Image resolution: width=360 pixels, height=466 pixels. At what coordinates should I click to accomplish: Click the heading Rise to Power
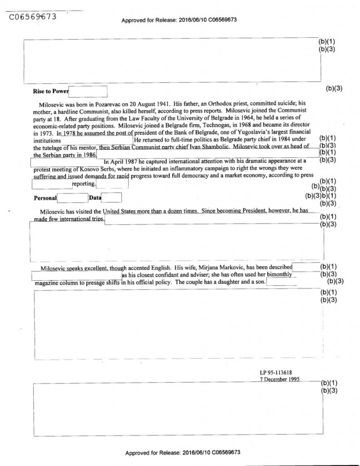51,92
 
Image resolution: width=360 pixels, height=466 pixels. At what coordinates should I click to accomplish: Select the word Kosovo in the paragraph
90,169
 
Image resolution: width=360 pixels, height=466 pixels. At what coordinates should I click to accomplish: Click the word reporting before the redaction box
84,184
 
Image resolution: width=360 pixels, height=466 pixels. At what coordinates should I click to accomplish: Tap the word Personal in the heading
45,198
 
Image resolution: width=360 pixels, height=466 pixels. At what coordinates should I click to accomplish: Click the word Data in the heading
95,198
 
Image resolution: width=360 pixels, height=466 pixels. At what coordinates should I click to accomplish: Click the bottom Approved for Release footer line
183,452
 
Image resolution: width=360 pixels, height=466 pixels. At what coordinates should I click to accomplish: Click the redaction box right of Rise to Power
88,92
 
